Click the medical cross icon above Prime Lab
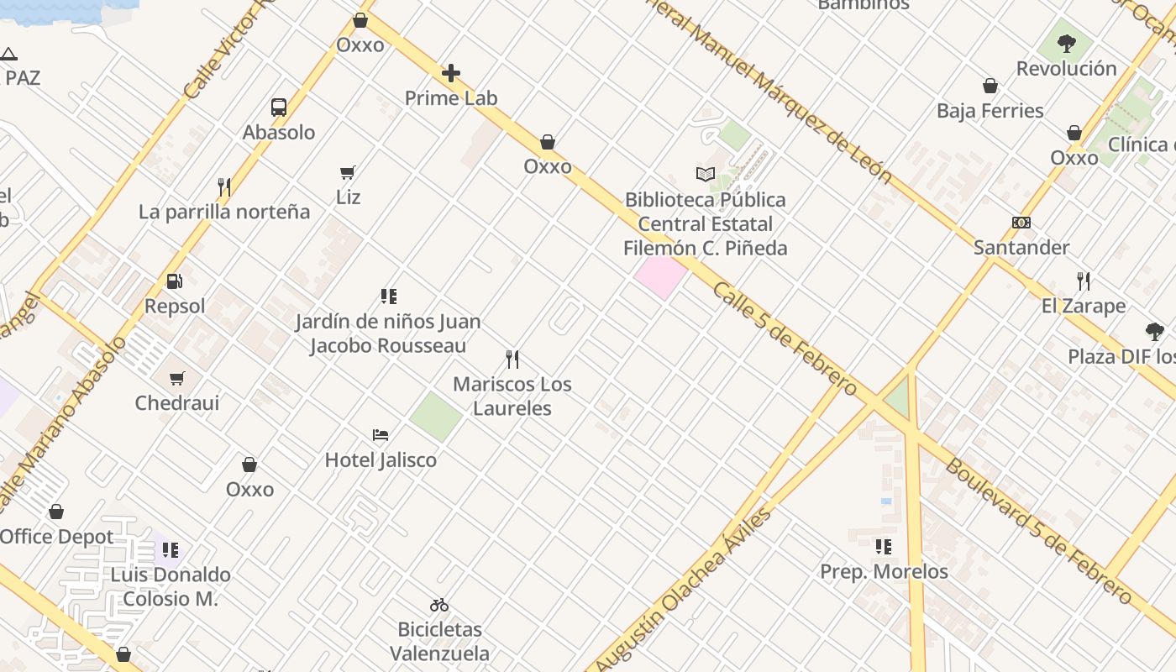(451, 73)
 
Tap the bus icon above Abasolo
(279, 108)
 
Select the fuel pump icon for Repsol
(175, 281)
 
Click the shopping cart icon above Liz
(348, 173)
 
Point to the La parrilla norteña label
(224, 212)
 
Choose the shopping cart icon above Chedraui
(177, 379)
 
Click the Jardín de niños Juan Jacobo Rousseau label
(388, 333)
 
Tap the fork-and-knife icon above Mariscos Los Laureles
(512, 360)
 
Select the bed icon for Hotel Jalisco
(381, 435)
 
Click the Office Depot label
(57, 537)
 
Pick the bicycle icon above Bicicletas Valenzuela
(439, 605)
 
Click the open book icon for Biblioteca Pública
(706, 175)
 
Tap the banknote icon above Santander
(1021, 223)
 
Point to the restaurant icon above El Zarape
(1084, 281)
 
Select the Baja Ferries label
(990, 111)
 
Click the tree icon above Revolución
(1067, 44)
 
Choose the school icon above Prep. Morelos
(884, 547)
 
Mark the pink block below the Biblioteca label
(661, 276)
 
